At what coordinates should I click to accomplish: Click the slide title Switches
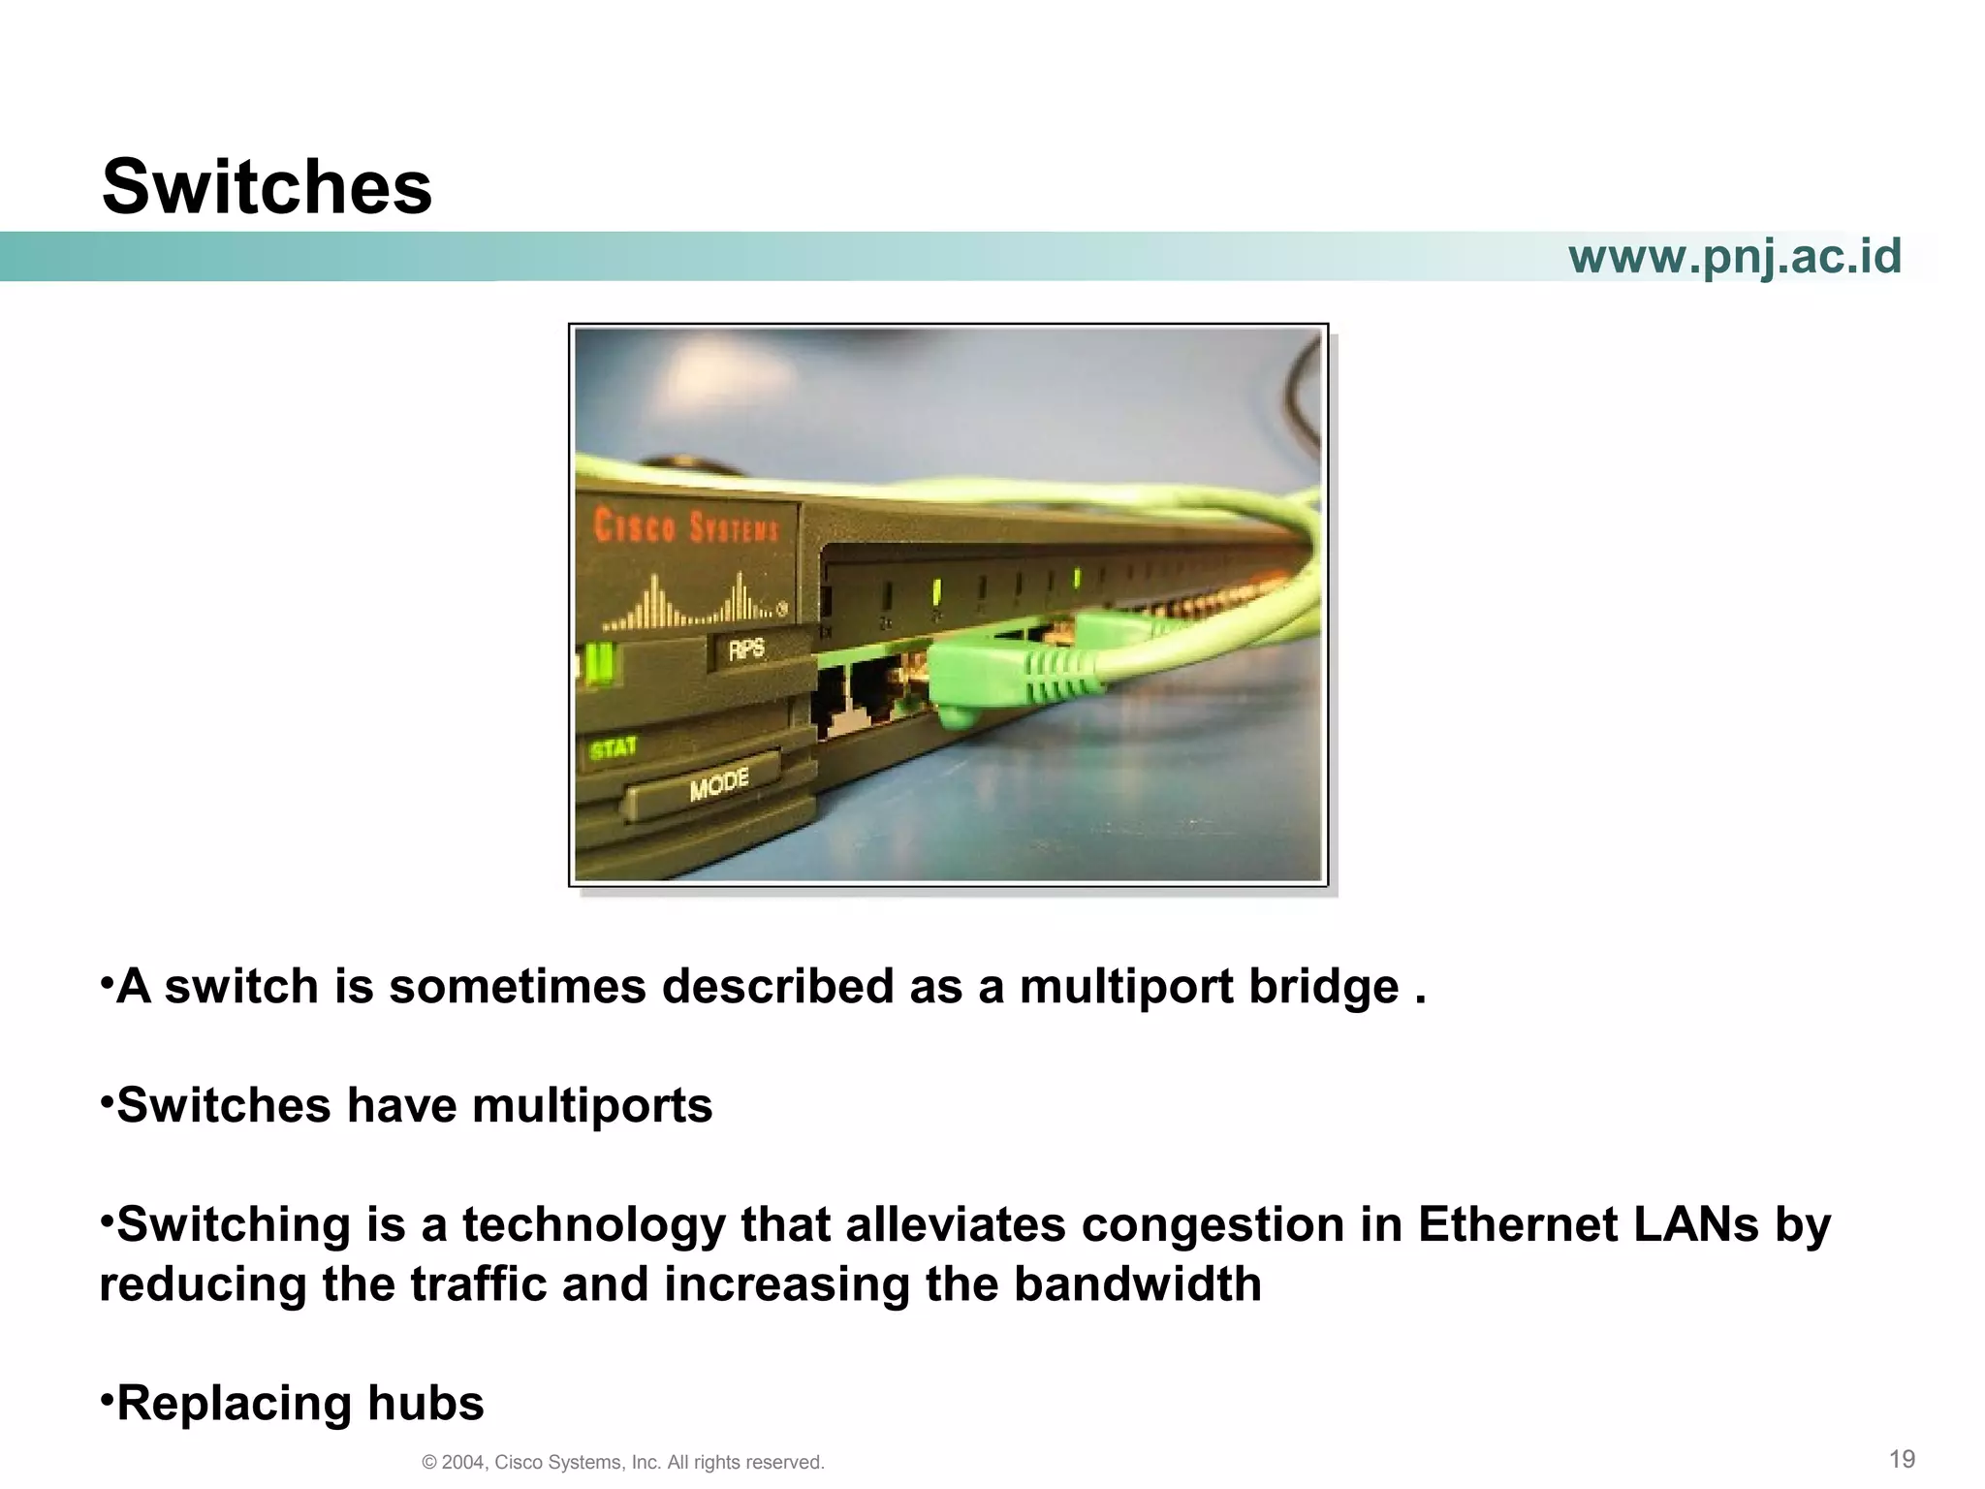(267, 187)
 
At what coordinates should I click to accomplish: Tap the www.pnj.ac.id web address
(1734, 257)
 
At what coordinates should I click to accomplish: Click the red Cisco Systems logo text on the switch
(685, 526)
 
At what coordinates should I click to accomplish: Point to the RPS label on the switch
(746, 649)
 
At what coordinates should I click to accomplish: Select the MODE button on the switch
(718, 783)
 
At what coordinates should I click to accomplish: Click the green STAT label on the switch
(613, 748)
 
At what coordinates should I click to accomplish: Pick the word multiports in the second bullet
(591, 1106)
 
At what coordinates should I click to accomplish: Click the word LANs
(1696, 1223)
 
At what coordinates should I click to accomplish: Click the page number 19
(1902, 1459)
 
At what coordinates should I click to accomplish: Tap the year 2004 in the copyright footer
(462, 1463)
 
